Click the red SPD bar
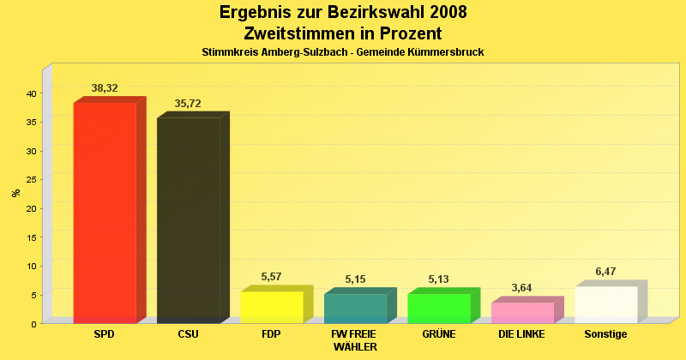coord(105,212)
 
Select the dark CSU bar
coord(188,219)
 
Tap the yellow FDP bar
coord(272,307)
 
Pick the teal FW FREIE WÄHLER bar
coord(355,308)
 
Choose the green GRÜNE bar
coord(439,308)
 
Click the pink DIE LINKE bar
coord(522,312)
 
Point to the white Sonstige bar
coord(606,304)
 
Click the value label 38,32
coord(105,88)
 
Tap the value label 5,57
coord(272,277)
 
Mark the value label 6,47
coord(606,272)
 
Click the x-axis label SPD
coord(105,334)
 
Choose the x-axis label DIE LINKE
coord(521,334)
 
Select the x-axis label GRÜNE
coord(438,334)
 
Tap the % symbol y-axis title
coord(16,193)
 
